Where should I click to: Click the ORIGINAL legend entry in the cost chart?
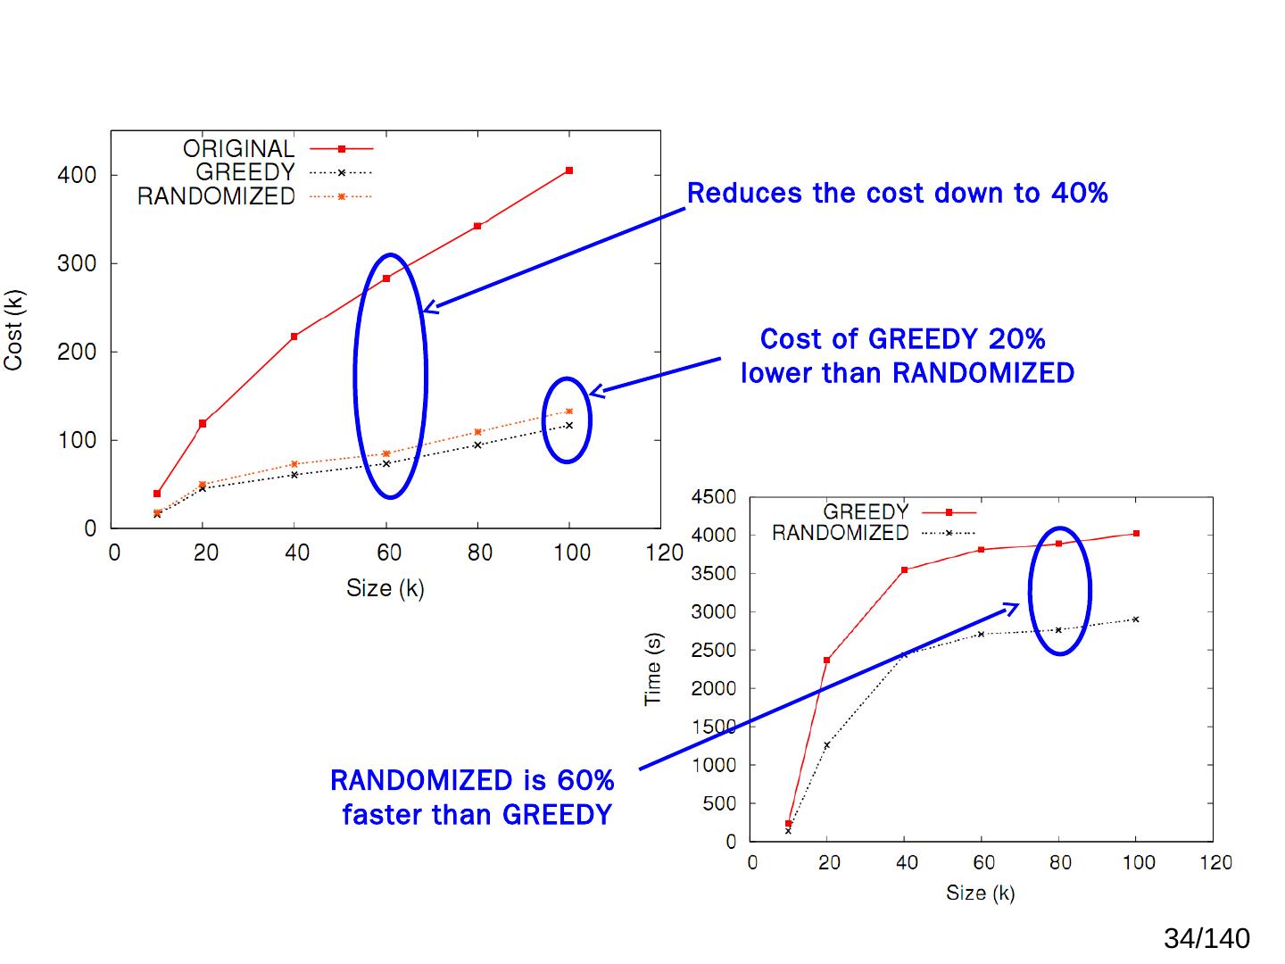[x=238, y=149]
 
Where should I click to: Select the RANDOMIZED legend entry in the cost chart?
[x=216, y=196]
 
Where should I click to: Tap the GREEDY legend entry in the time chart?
[x=865, y=512]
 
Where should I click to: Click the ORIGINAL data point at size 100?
[x=569, y=170]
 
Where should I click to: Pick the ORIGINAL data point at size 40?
[x=294, y=337]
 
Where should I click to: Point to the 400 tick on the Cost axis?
[x=77, y=176]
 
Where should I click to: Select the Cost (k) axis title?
[x=14, y=330]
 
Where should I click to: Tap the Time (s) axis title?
[x=653, y=669]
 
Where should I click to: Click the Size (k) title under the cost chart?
[x=385, y=588]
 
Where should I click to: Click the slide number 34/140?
[x=1206, y=939]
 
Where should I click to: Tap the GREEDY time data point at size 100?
[x=1136, y=534]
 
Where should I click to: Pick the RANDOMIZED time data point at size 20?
[x=826, y=745]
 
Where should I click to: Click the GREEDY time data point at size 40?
[x=904, y=569]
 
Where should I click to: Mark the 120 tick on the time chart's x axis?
[x=1215, y=863]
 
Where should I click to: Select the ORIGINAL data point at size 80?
[x=477, y=226]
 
